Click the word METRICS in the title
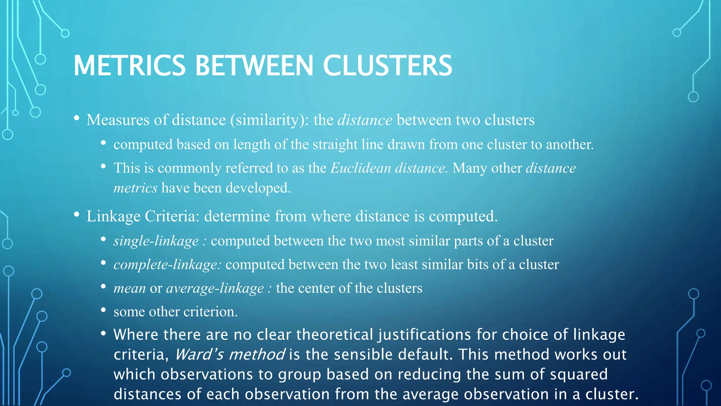tap(129, 66)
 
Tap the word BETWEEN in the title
tap(254, 66)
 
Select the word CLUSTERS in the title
tap(387, 66)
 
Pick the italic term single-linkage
tap(156, 241)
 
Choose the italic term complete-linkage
tap(167, 265)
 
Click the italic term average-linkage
tap(215, 288)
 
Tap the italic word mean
tap(130, 288)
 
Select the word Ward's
tap(199, 355)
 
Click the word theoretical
tap(334, 335)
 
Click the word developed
tap(258, 188)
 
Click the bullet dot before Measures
tap(77, 118)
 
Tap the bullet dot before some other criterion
tap(103, 310)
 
